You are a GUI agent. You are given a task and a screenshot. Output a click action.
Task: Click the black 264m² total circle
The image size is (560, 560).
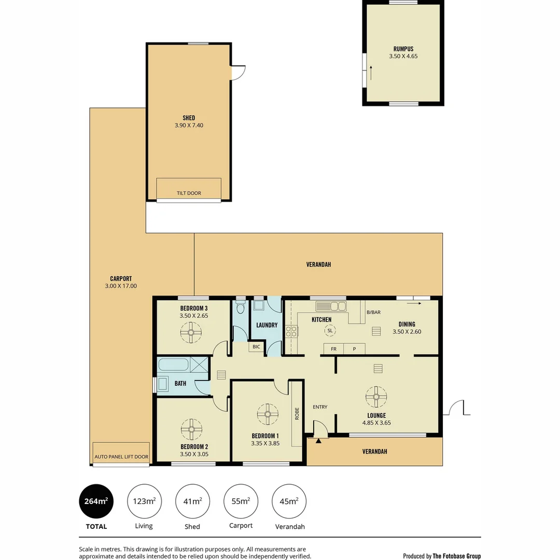[96, 501]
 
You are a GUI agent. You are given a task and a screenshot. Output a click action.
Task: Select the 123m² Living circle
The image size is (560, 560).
[144, 501]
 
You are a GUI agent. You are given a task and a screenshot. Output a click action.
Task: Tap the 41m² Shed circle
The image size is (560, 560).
[192, 501]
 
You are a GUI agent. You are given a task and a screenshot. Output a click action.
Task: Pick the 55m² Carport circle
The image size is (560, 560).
[241, 501]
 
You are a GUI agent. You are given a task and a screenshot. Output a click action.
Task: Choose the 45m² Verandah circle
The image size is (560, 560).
[289, 501]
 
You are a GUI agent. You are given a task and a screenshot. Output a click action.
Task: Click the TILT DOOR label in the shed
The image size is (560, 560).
[189, 193]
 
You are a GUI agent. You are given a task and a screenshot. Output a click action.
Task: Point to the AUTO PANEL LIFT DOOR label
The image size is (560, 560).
[121, 457]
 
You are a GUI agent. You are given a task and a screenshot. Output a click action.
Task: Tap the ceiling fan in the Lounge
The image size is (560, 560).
[376, 397]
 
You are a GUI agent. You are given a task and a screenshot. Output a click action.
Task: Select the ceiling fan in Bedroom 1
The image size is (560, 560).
[268, 414]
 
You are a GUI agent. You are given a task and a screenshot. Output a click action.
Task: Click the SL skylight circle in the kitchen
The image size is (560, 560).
[330, 330]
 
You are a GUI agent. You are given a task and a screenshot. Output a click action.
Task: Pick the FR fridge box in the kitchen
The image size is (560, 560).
[333, 349]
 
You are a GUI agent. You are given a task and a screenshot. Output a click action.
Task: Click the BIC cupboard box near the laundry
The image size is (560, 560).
[256, 346]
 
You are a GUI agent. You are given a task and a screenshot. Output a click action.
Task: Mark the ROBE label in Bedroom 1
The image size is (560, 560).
[297, 413]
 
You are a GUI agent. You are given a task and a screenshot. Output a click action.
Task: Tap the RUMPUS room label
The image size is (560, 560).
[403, 49]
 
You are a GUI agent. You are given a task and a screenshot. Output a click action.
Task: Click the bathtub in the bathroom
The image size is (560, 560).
[174, 364]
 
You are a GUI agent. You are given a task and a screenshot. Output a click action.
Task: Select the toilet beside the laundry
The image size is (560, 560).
[240, 309]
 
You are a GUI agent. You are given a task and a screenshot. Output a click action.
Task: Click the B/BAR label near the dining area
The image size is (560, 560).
[373, 313]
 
